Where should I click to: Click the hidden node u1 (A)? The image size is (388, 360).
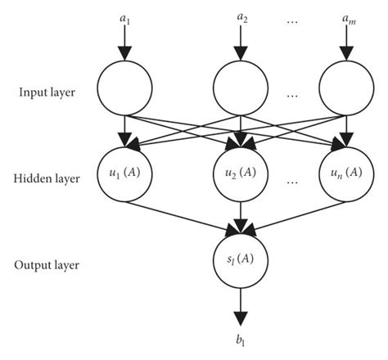(123, 173)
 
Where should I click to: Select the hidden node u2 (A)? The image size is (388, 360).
(240, 173)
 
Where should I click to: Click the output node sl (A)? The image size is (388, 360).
(240, 262)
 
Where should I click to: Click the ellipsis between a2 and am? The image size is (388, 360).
(292, 16)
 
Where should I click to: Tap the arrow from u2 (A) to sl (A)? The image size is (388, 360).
(240, 218)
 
